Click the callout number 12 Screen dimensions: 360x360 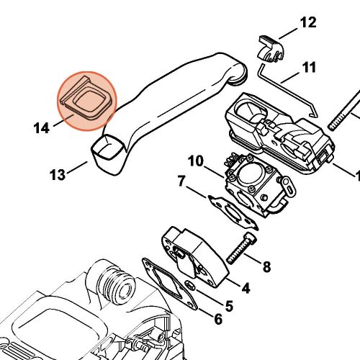coord(307,23)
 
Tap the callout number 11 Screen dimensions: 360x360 coord(309,68)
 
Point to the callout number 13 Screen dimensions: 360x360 coord(58,174)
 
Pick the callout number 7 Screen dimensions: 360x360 coord(182,181)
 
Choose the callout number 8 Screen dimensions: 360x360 coord(266,268)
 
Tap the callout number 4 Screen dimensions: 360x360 coord(245,289)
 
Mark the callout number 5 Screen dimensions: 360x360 coord(228,305)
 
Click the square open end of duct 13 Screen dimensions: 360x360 coord(106,148)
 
